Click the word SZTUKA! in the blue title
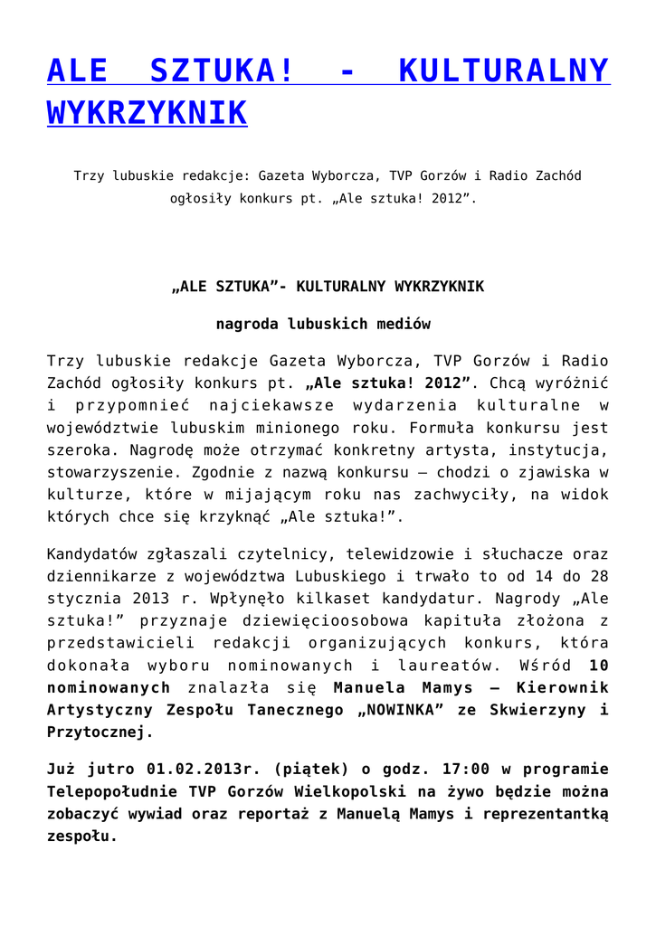(222, 71)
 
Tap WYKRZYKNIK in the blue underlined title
(147, 113)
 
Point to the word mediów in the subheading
(400, 323)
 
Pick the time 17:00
(465, 770)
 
